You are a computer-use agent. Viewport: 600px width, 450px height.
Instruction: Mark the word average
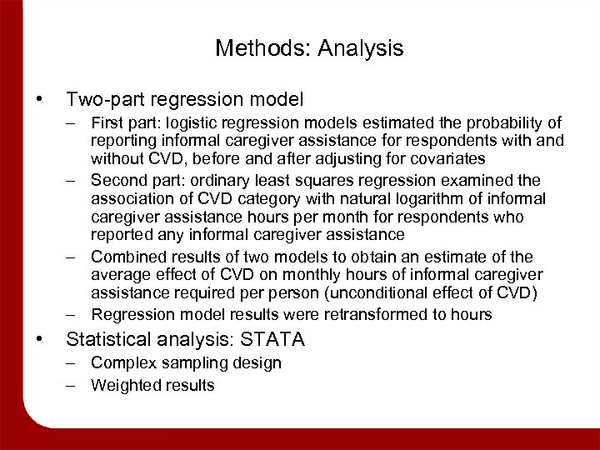coord(119,275)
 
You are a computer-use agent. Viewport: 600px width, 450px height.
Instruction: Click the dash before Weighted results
coord(73,385)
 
